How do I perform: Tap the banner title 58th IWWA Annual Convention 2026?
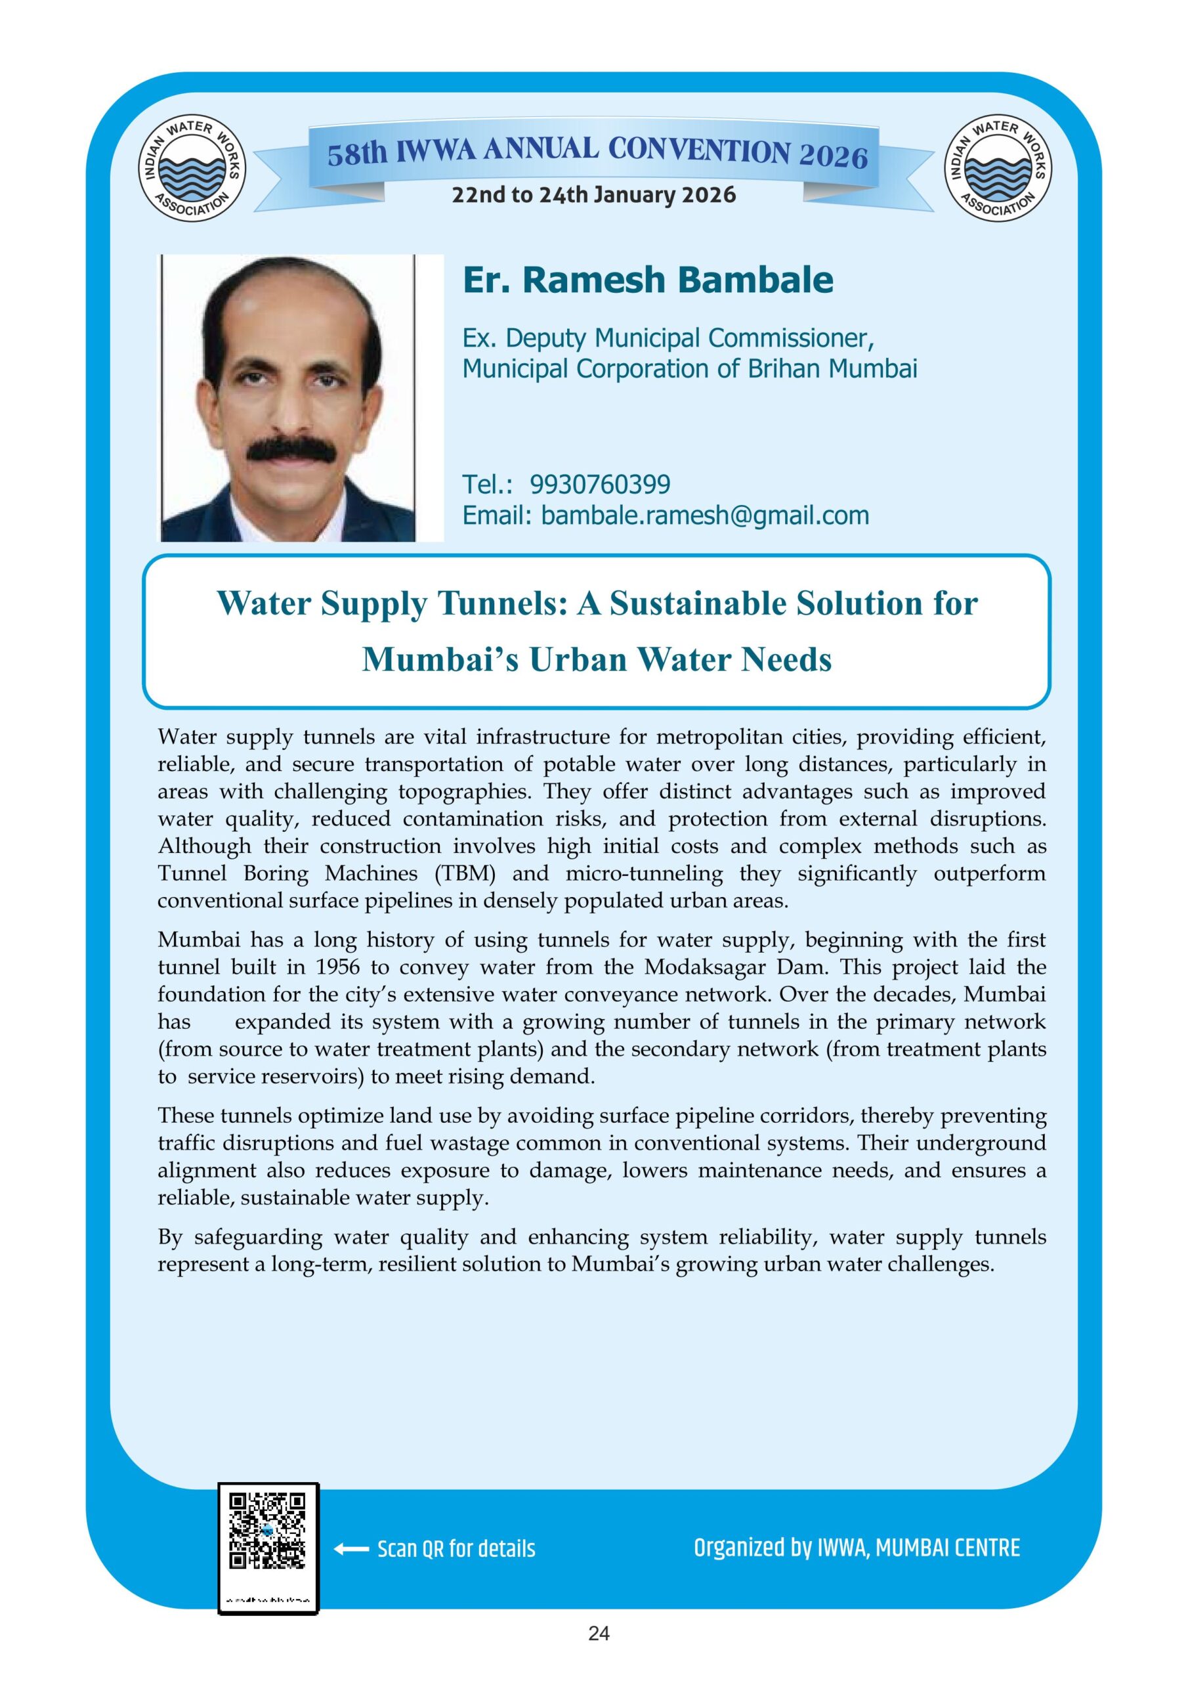click(x=597, y=154)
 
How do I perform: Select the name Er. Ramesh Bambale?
click(x=648, y=280)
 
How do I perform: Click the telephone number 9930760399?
click(x=599, y=485)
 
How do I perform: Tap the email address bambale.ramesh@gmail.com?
click(x=705, y=515)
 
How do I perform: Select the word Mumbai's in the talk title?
click(x=440, y=660)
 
